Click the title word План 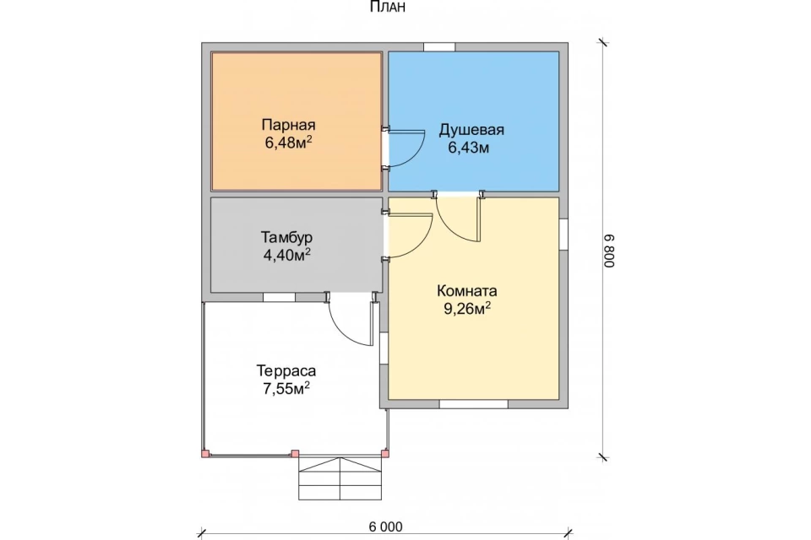(388, 7)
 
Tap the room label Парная (288, 125)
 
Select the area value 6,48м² (288, 142)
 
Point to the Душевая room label (471, 130)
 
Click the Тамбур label (286, 237)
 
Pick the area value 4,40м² (287, 254)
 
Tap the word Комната (467, 290)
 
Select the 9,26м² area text (467, 309)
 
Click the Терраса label (286, 371)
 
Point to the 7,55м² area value (286, 388)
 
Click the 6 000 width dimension (385, 526)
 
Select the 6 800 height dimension (609, 251)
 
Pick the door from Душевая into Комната (459, 217)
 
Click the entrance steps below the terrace (340, 478)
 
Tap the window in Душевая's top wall (439, 47)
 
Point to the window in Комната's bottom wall (473, 404)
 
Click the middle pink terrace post (295, 454)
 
